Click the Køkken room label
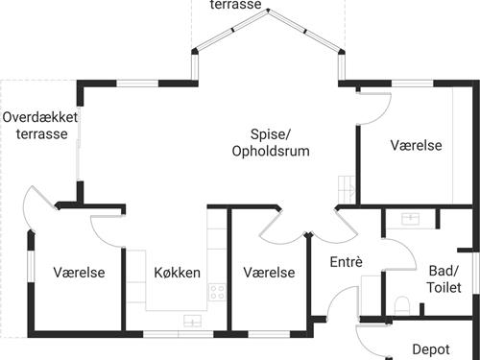pyautogui.click(x=177, y=273)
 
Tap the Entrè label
pyautogui.click(x=346, y=262)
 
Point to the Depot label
pyautogui.click(x=431, y=349)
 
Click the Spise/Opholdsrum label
pyautogui.click(x=276, y=144)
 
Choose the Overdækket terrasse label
pyautogui.click(x=41, y=126)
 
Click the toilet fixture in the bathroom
pyautogui.click(x=403, y=307)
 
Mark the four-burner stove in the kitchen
pyautogui.click(x=217, y=290)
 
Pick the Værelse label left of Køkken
pyautogui.click(x=79, y=273)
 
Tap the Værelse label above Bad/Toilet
pyautogui.click(x=416, y=145)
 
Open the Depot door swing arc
pyautogui.click(x=372, y=340)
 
